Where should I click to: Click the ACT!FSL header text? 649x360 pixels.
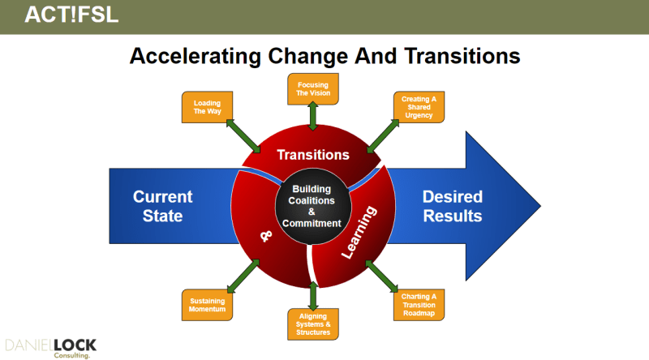[x=71, y=15]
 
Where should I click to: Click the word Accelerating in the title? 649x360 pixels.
[x=196, y=56]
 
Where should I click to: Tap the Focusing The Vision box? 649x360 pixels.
[x=313, y=89]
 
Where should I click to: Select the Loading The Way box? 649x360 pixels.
[x=208, y=107]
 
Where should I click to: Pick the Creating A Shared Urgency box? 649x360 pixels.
[x=419, y=107]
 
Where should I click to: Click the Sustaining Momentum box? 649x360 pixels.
[x=208, y=305]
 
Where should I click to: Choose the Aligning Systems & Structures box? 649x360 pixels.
[x=313, y=324]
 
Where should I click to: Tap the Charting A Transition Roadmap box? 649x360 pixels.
[x=419, y=305]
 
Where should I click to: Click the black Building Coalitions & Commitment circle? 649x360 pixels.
[x=313, y=206]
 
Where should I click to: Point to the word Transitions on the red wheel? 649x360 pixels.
[x=313, y=155]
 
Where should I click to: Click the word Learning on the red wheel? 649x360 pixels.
[x=359, y=232]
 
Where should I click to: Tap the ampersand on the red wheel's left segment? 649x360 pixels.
[x=266, y=236]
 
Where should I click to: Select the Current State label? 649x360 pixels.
[x=163, y=206]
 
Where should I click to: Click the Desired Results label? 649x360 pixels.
[x=453, y=206]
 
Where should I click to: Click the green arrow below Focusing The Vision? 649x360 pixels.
[x=313, y=116]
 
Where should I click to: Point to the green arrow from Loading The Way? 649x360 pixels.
[x=243, y=136]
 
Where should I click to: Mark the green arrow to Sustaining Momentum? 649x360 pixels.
[x=243, y=276]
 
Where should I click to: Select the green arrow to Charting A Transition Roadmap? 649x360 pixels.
[x=381, y=276]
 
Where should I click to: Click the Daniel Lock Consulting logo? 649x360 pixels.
[x=50, y=348]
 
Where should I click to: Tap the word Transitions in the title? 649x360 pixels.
[x=462, y=56]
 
